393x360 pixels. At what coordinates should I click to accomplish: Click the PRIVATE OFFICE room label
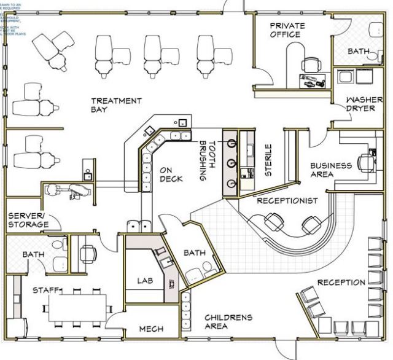point(286,29)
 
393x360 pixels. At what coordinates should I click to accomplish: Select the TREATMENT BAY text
point(116,105)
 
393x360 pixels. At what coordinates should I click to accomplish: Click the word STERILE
point(268,161)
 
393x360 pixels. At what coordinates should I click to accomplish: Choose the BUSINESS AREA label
point(330,170)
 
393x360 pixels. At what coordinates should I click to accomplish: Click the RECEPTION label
point(341,283)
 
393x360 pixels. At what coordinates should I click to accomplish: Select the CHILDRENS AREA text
point(228,321)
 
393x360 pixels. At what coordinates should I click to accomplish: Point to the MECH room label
point(151,329)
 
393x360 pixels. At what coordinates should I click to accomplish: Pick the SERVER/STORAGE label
point(28,221)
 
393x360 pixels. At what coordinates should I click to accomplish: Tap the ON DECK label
point(171,174)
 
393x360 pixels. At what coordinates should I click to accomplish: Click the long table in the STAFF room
point(77,307)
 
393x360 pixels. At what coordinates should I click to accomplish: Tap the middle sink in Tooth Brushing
point(233,163)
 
